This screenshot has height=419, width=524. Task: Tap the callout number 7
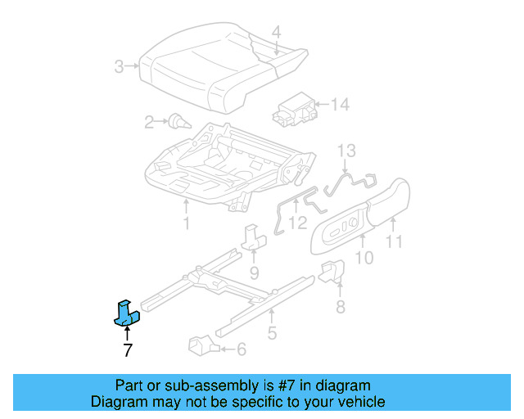(x=127, y=351)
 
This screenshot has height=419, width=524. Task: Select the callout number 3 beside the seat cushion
(x=120, y=66)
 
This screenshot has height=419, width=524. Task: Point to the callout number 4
(x=277, y=33)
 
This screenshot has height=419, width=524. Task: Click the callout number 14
(x=339, y=104)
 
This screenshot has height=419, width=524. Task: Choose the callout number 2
(x=149, y=123)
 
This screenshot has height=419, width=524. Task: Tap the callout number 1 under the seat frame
(x=186, y=223)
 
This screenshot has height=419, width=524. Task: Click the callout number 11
(x=395, y=241)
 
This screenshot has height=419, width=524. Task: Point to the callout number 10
(x=364, y=259)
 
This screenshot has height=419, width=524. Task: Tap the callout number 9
(x=254, y=272)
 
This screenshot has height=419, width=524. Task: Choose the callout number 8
(x=340, y=307)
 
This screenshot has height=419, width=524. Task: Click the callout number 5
(x=272, y=333)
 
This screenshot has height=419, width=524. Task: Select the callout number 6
(x=241, y=349)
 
